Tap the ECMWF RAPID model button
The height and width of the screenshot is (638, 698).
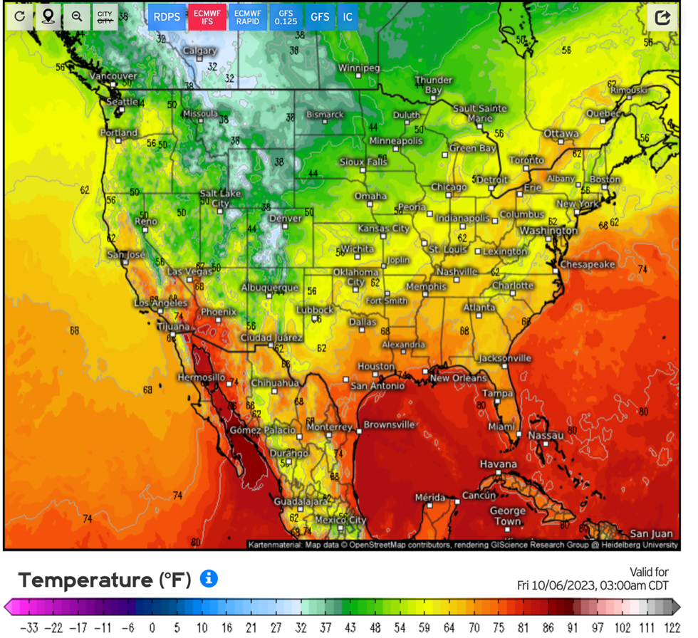click(247, 16)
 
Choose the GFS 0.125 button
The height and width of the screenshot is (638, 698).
click(286, 16)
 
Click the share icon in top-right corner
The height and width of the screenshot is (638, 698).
click(662, 17)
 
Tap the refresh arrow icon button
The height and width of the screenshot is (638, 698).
click(20, 16)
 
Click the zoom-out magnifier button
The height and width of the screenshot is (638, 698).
click(76, 16)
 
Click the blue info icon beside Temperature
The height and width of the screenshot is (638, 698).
click(209, 579)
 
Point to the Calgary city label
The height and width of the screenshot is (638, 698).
click(200, 51)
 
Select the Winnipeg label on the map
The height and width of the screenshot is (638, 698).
click(359, 68)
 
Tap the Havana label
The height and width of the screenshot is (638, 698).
click(498, 464)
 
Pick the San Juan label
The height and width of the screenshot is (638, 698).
click(651, 533)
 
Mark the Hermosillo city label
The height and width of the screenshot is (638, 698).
click(201, 377)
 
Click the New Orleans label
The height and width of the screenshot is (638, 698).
click(459, 378)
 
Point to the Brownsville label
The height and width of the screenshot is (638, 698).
click(389, 425)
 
